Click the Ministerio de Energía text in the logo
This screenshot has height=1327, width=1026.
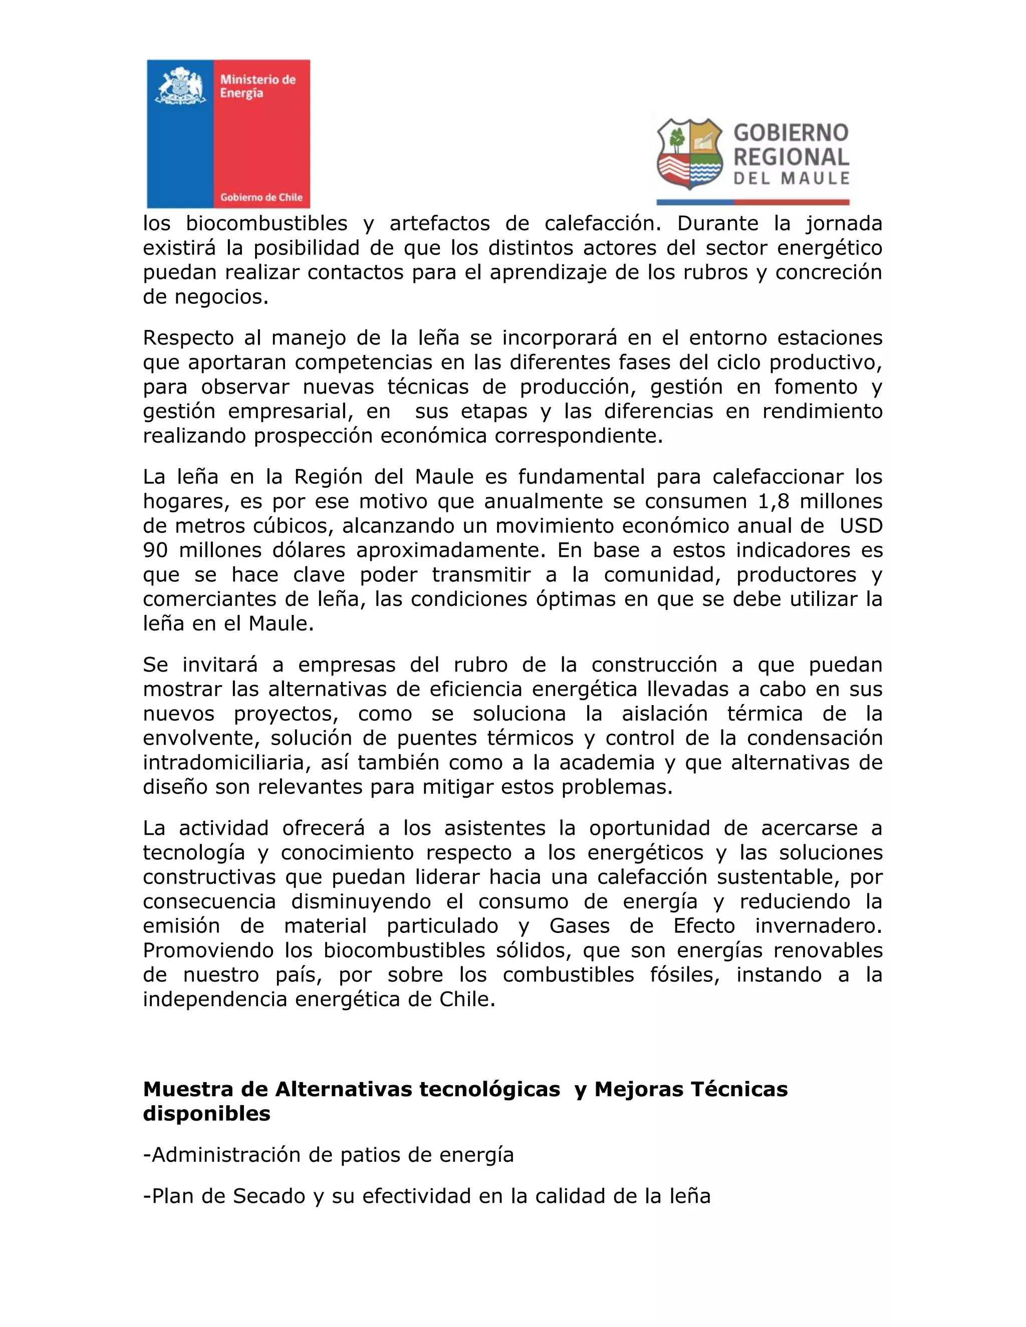[257, 86]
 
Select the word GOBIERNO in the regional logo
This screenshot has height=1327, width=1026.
[791, 133]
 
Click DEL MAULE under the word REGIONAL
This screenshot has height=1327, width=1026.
[792, 179]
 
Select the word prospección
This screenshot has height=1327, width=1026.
[313, 436]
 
